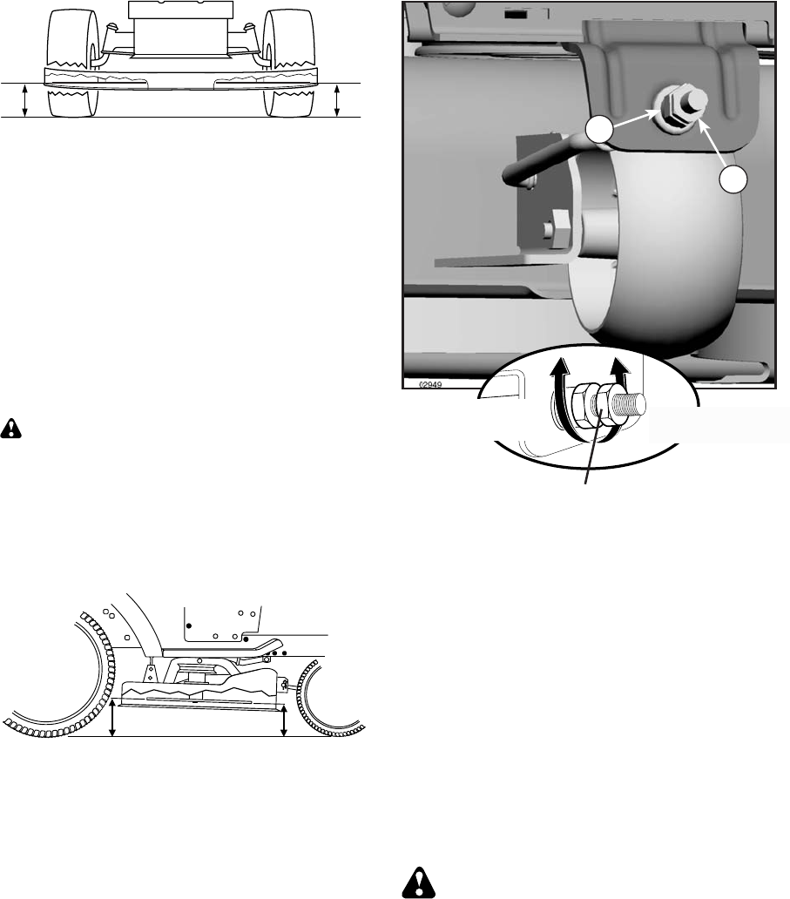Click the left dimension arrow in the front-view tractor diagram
[x=24, y=100]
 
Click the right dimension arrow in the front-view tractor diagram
[x=337, y=100]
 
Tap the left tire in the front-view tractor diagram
[x=73, y=62]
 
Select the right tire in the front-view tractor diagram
[x=289, y=62]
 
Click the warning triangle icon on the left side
[x=11, y=429]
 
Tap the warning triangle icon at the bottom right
[x=420, y=883]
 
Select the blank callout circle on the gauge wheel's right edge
[x=733, y=179]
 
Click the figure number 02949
[x=430, y=384]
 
